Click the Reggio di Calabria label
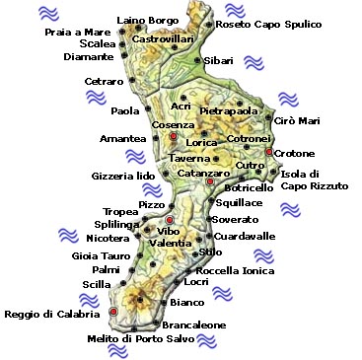(x=52, y=315)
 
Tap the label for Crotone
(x=294, y=153)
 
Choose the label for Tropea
(x=119, y=211)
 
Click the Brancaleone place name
(x=193, y=324)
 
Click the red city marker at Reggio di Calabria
(x=113, y=312)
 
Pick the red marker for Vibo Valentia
(x=170, y=220)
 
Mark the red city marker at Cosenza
(x=174, y=137)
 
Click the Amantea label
(x=122, y=138)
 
